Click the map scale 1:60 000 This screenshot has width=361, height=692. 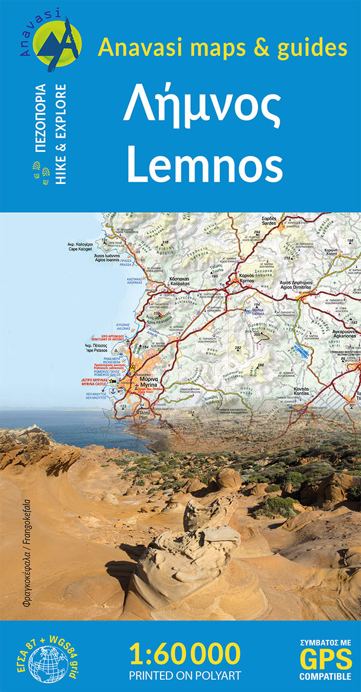[185, 653]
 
